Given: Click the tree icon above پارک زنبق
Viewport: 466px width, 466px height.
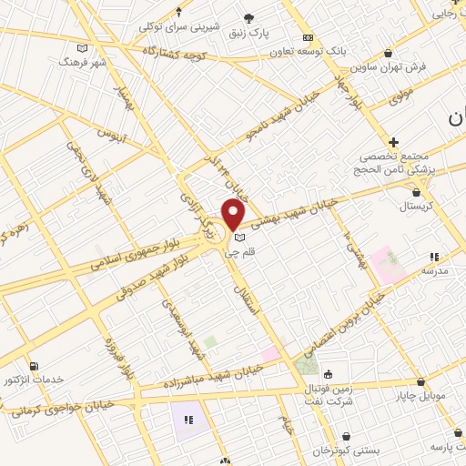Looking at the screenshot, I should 248,17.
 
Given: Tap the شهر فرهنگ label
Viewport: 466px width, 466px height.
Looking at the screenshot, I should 82,62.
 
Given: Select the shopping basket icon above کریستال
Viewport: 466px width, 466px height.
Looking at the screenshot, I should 416,192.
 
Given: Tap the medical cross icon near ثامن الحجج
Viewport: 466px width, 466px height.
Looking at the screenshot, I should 393,142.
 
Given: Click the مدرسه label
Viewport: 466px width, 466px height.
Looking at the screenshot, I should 435,271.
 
